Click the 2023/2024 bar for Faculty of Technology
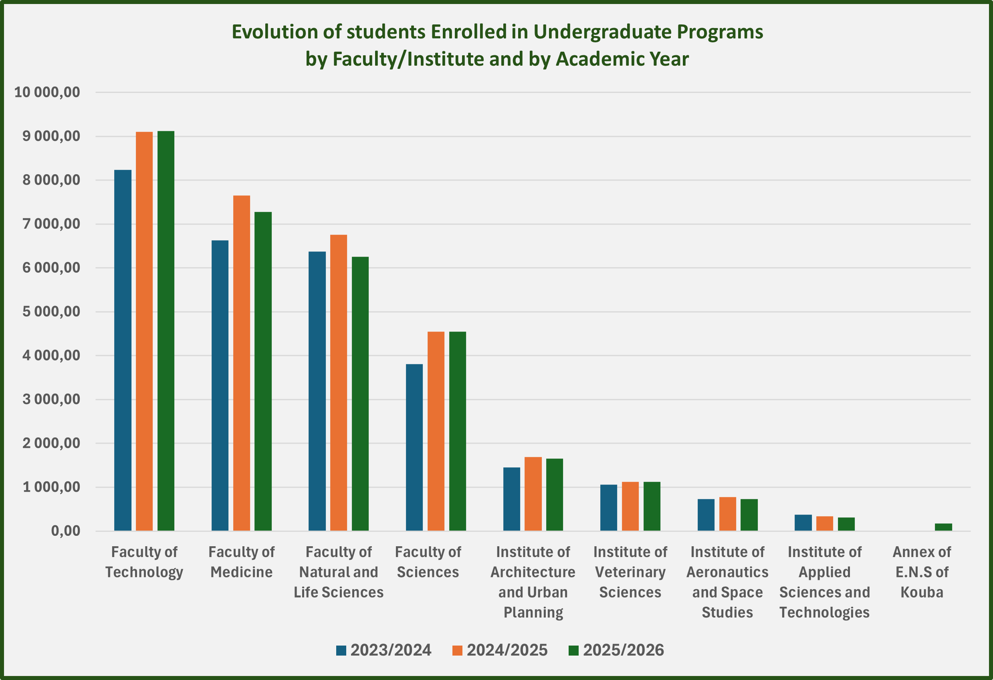point(123,350)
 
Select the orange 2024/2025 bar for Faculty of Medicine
point(241,363)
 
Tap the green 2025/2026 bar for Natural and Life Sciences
point(360,393)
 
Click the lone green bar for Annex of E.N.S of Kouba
point(943,527)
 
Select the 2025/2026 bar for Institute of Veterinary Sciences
point(652,506)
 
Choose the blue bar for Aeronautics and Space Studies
point(706,515)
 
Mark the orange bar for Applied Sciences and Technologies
point(824,523)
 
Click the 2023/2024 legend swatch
point(341,650)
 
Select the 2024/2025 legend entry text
point(507,650)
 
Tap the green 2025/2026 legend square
point(573,650)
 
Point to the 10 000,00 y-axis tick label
point(47,92)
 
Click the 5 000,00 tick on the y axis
point(51,312)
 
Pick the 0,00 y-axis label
point(65,531)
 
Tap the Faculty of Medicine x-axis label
point(241,562)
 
